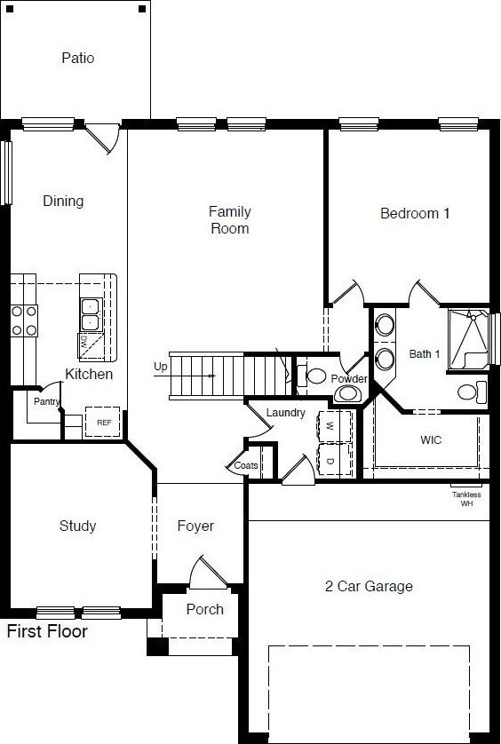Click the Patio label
(x=78, y=58)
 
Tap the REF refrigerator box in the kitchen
(x=102, y=422)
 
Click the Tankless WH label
(x=466, y=499)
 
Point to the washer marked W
(x=334, y=426)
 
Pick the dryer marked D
(x=334, y=460)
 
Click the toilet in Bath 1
(x=472, y=392)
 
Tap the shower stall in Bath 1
(x=469, y=339)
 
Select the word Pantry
(x=46, y=401)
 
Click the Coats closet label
(x=246, y=465)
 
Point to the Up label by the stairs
(x=161, y=367)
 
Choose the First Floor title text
(x=47, y=631)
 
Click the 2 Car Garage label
(x=369, y=587)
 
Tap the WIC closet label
(x=431, y=439)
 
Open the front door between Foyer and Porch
(x=208, y=574)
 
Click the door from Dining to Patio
(x=102, y=139)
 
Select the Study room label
(x=78, y=526)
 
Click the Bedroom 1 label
(x=415, y=213)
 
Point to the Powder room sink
(x=348, y=393)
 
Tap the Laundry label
(x=285, y=413)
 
